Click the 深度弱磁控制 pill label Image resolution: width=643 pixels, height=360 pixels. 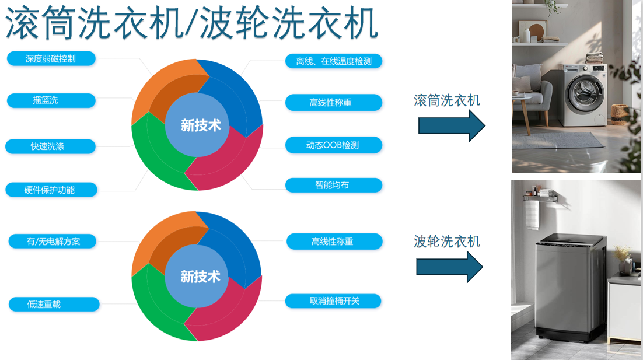tap(51, 58)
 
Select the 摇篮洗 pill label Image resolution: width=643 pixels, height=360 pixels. tap(51, 100)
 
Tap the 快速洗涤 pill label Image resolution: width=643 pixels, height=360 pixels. tap(50, 146)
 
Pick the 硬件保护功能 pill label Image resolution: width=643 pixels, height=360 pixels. tap(51, 190)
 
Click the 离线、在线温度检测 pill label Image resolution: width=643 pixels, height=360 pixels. tap(334, 61)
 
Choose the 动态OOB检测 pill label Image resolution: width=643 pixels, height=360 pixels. tap(334, 145)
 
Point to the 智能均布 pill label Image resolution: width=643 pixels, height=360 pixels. tap(334, 185)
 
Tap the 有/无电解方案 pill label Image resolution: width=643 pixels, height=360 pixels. tap(53, 242)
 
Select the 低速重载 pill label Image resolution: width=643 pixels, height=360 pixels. tap(54, 304)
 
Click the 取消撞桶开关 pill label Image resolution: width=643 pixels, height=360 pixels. tap(333, 301)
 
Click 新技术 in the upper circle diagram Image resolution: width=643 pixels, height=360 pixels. tap(201, 125)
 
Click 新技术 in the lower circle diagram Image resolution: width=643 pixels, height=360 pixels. tap(201, 277)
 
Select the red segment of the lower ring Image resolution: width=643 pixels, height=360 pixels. tap(230, 312)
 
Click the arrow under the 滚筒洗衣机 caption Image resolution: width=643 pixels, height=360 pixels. tap(452, 126)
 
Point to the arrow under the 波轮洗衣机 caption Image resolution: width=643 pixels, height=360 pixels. tap(449, 267)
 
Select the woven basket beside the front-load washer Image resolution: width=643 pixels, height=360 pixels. tap(619, 114)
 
